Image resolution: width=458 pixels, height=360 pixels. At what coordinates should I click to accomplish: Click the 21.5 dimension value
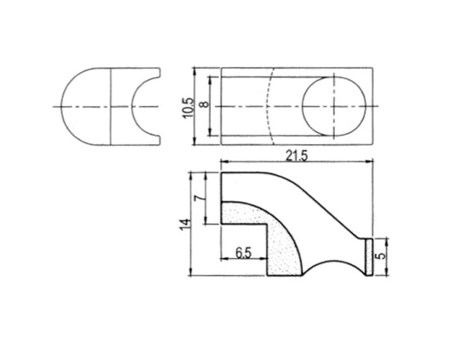point(297,156)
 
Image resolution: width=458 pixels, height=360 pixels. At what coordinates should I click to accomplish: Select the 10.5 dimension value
point(188,107)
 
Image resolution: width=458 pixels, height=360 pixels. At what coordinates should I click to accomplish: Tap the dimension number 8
point(205,104)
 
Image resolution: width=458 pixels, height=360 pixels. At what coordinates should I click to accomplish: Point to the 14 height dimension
point(186,224)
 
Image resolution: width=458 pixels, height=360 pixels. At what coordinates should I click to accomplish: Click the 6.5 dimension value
point(243,253)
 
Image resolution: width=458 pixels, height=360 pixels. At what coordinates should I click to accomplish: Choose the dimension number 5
point(380,256)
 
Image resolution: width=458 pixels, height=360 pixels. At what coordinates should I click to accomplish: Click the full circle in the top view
point(334,107)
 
